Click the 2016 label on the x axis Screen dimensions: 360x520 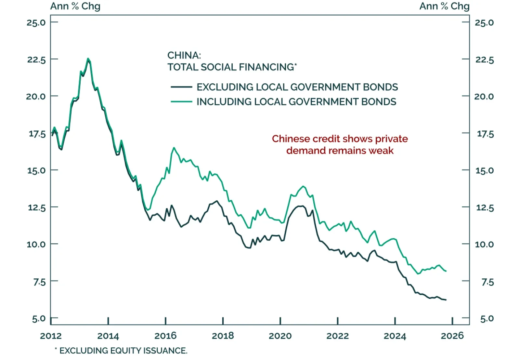pyautogui.click(x=165, y=336)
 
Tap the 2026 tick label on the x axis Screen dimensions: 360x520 pyautogui.click(x=452, y=336)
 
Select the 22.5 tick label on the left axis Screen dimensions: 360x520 pyautogui.click(x=36, y=60)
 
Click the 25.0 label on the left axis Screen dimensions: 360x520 pyautogui.click(x=36, y=22)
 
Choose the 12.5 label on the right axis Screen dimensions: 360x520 pyautogui.click(x=485, y=207)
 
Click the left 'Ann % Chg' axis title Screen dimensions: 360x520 pyautogui.click(x=75, y=6)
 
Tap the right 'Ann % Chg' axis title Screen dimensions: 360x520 pyautogui.click(x=444, y=6)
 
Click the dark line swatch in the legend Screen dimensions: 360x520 pyautogui.click(x=181, y=87)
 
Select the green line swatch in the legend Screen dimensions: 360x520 pyautogui.click(x=181, y=102)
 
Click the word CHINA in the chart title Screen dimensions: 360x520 pyautogui.click(x=184, y=55)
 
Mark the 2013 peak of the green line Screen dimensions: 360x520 pyautogui.click(x=88, y=59)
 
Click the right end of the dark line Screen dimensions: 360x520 pyautogui.click(x=446, y=300)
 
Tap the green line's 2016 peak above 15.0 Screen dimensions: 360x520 pyautogui.click(x=174, y=148)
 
